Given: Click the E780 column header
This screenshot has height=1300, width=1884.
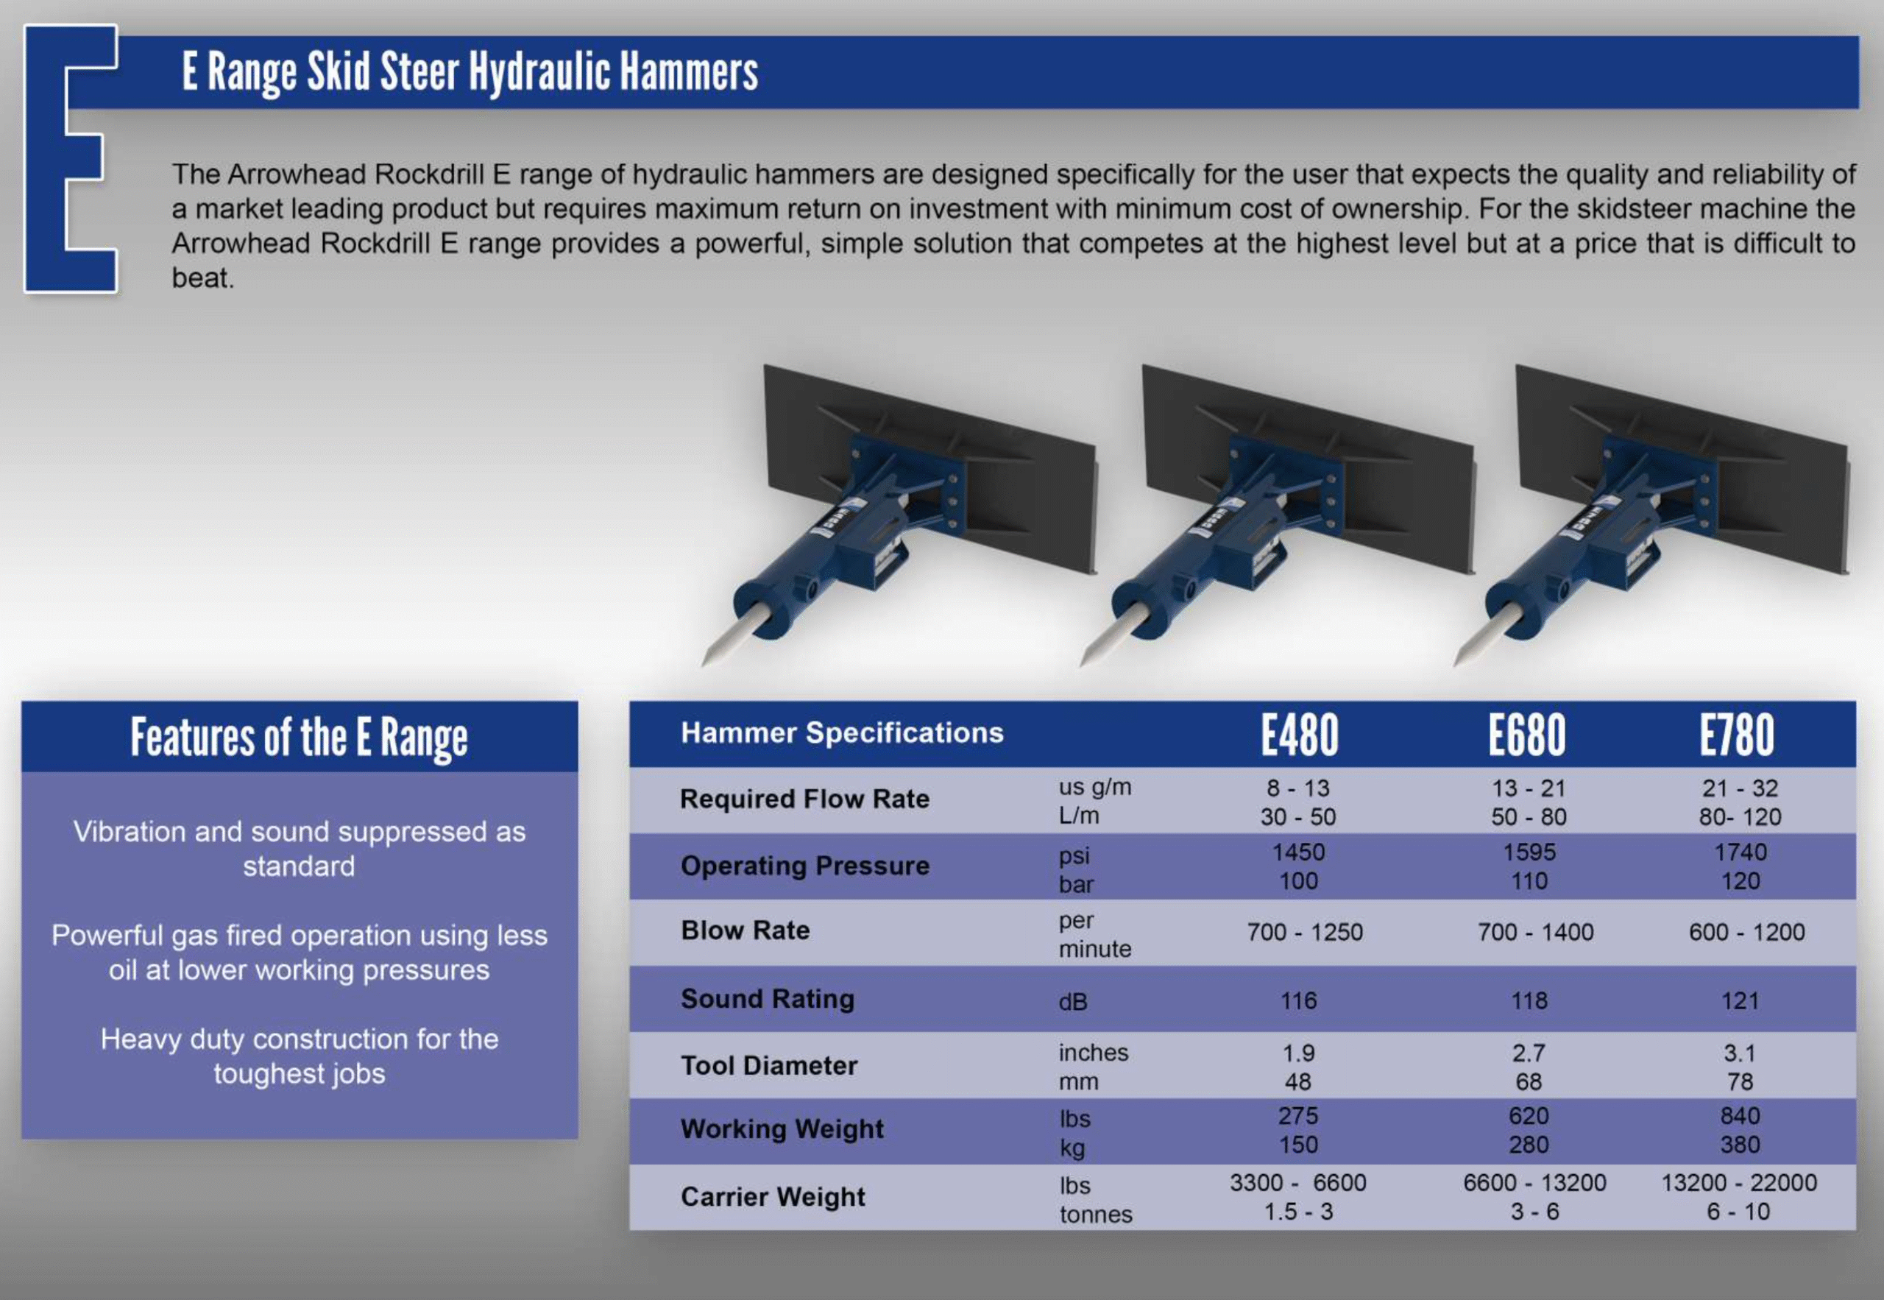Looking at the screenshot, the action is pos(1737,735).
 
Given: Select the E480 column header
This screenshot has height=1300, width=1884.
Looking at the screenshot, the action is pos(1300,735).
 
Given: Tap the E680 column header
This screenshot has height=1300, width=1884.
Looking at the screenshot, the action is pos(1527,735).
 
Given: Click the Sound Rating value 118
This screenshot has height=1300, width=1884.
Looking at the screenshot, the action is pos(1529,1000).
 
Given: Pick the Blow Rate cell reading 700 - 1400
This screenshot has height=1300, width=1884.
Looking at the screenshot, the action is pos(1535,932).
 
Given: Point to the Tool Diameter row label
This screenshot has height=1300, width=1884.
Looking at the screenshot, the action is pos(768,1065).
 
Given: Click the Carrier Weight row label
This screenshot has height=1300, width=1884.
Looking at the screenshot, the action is pos(773,1196).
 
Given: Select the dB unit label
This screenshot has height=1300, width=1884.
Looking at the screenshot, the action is pos(1072,1002).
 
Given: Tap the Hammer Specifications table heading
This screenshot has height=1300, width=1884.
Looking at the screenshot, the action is pos(842,732).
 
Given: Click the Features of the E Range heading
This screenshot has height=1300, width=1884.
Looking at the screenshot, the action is pos(300,737).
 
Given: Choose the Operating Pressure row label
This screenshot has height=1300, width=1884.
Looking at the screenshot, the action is pos(804,865).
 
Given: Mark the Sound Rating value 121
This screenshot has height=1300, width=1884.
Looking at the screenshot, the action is pos(1740,1000).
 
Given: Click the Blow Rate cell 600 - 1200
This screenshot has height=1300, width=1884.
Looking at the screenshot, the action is pos(1746,932).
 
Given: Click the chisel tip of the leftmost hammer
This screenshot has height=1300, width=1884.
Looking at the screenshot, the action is pos(704,664).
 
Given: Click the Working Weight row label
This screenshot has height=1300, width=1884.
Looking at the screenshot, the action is pos(782,1129).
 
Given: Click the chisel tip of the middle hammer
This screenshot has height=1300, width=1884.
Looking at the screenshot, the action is pos(1082,664).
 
